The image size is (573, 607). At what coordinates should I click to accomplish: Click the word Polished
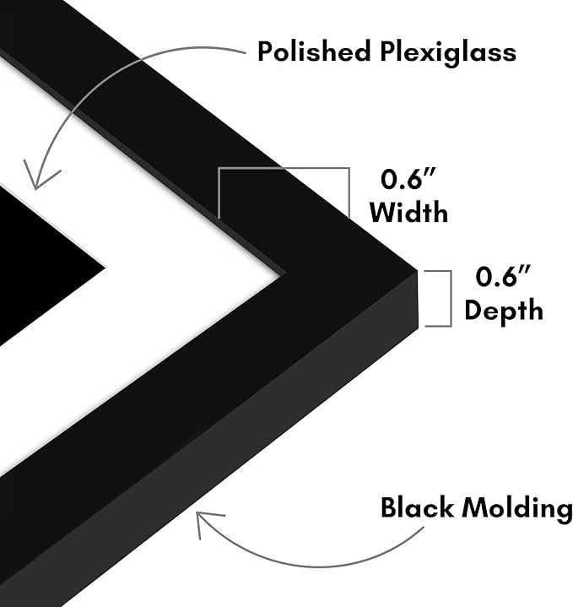(x=314, y=51)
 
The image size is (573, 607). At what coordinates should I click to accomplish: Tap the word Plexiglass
(x=448, y=52)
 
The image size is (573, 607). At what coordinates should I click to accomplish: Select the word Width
(x=409, y=212)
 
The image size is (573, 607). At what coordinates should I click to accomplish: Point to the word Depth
(x=504, y=311)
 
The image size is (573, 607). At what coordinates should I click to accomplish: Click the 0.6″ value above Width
(x=408, y=179)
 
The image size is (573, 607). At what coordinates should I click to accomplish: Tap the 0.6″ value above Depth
(x=503, y=276)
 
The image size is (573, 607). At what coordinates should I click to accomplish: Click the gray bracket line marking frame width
(x=284, y=169)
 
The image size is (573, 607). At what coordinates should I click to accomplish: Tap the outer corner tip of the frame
(x=417, y=270)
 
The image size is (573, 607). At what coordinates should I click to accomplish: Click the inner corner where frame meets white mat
(x=280, y=275)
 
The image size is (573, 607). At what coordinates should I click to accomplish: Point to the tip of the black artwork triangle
(x=105, y=267)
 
